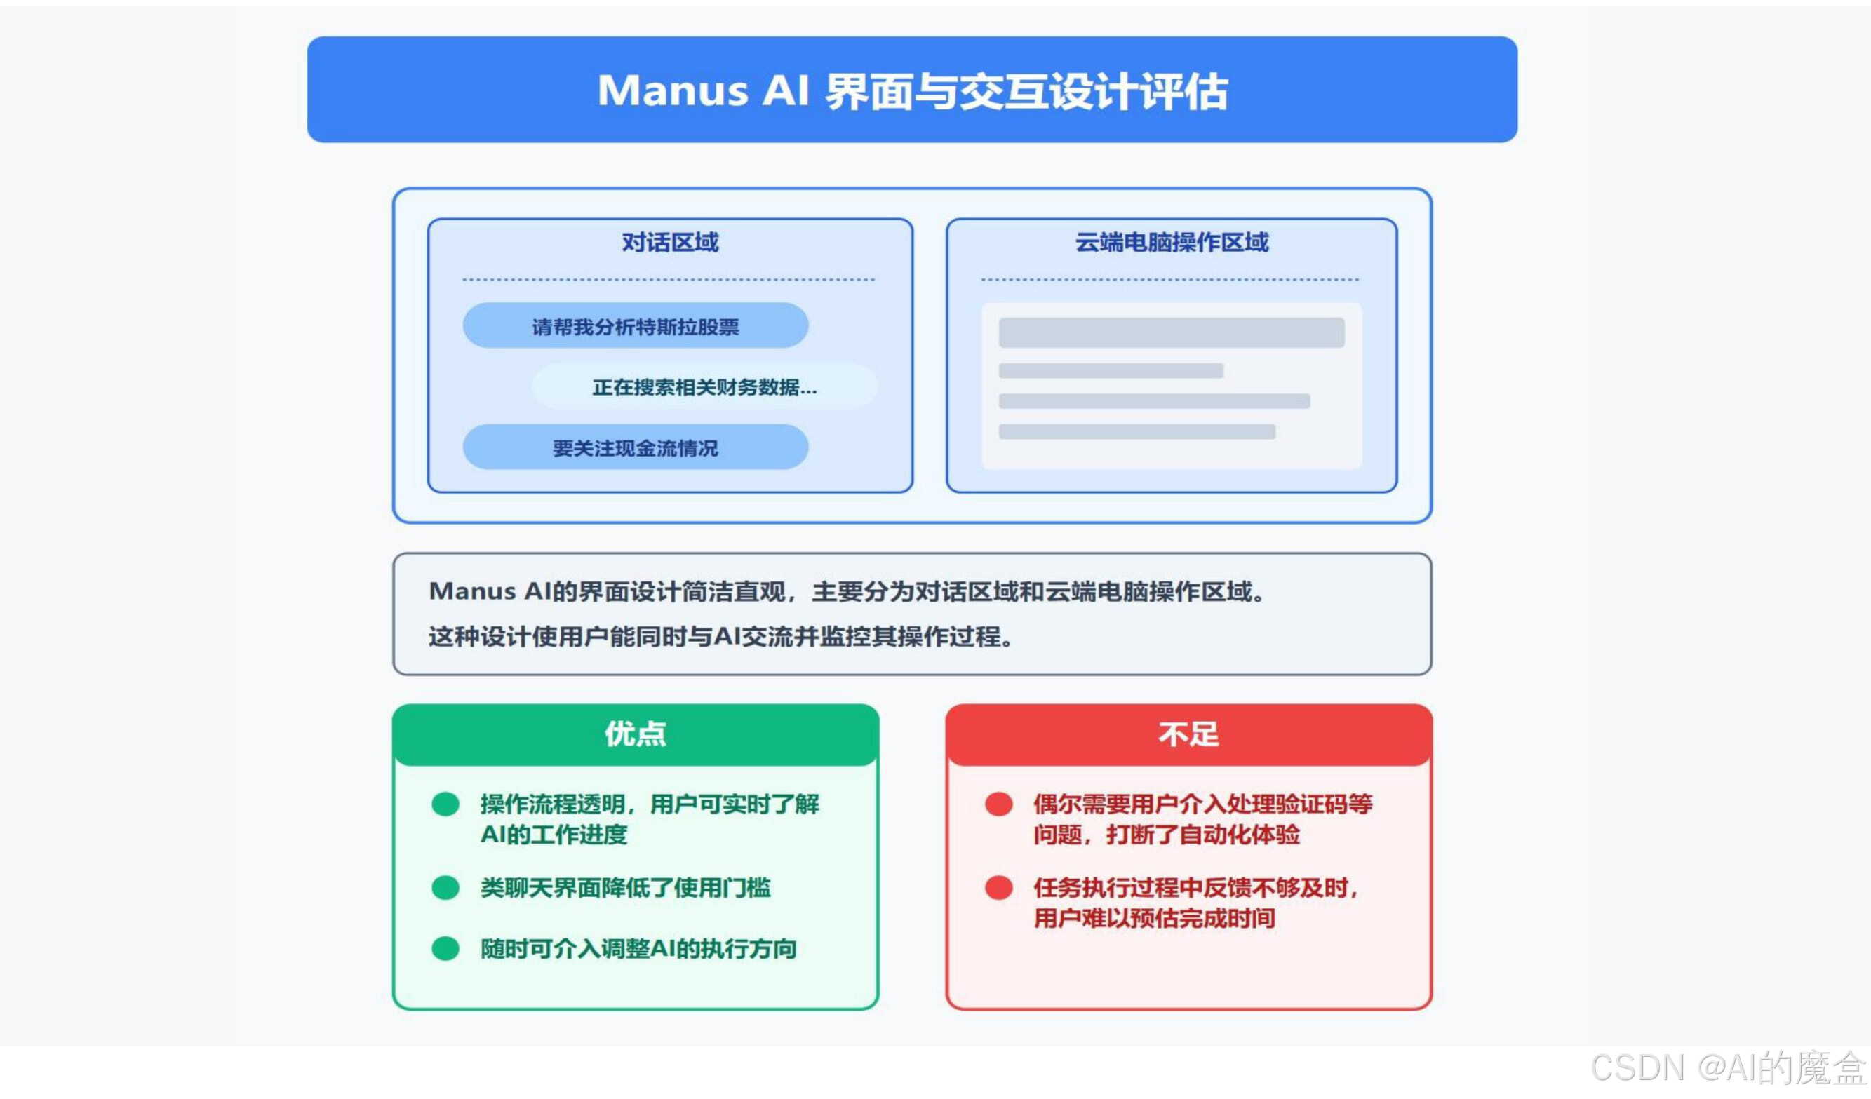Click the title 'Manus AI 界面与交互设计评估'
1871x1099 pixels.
(912, 90)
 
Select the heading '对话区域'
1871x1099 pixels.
(670, 243)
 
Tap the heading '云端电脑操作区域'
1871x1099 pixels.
(1172, 243)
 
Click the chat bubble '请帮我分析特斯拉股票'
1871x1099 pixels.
(635, 325)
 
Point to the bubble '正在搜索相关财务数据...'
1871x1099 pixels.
(704, 386)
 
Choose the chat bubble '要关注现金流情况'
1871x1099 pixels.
(635, 447)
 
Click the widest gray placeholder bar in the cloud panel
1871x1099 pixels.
(1171, 332)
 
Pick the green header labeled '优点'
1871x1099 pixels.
(635, 734)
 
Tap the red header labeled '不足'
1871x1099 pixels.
(1188, 734)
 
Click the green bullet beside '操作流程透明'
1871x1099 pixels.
(445, 804)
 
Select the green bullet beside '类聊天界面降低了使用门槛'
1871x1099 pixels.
(445, 887)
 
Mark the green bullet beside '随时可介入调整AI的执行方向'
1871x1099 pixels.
(445, 948)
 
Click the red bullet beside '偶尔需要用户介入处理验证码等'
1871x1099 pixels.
(998, 804)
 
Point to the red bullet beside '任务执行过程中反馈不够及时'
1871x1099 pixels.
(998, 887)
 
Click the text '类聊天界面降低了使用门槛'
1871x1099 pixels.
(625, 887)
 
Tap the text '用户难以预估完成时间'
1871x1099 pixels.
(1155, 919)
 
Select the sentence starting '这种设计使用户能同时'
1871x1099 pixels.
(720, 636)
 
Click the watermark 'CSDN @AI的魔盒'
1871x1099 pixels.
(1728, 1069)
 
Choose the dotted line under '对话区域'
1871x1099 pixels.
(668, 280)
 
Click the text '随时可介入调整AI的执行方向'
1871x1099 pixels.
(638, 948)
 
